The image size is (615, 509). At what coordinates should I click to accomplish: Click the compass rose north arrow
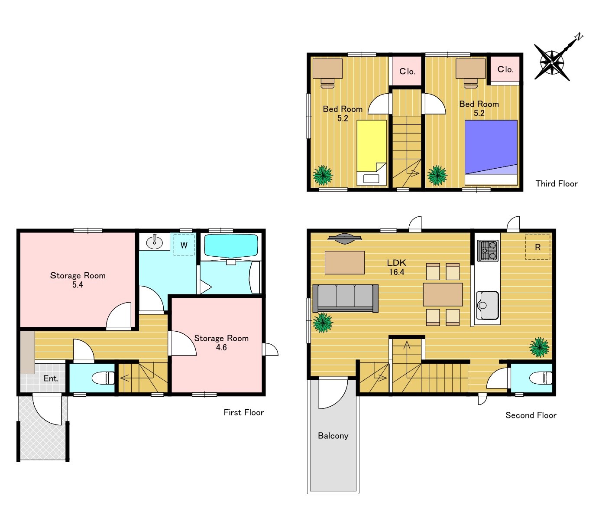[x=552, y=62]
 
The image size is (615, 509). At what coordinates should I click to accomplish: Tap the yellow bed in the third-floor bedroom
[x=372, y=153]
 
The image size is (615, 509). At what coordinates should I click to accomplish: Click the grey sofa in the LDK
[x=346, y=298]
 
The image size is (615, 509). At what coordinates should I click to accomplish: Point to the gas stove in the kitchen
[x=488, y=251]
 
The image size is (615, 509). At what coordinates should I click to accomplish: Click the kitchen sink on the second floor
[x=488, y=306]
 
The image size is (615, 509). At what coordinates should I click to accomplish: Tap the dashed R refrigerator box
[x=537, y=247]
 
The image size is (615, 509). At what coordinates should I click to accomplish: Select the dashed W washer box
[x=184, y=245]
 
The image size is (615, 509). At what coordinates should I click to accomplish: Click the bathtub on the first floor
[x=231, y=246]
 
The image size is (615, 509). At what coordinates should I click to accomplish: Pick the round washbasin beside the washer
[x=154, y=243]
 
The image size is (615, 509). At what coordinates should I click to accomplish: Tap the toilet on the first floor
[x=103, y=378]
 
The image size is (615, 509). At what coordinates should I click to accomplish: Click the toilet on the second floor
[x=541, y=378]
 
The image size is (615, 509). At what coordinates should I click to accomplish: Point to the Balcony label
[x=333, y=436]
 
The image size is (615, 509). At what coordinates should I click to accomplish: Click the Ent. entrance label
[x=51, y=378]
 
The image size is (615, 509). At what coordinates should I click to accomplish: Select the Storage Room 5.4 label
[x=78, y=280]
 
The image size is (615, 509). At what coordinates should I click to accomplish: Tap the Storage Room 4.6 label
[x=221, y=343]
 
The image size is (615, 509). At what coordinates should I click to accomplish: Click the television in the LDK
[x=345, y=238]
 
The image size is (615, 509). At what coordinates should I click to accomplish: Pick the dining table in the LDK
[x=443, y=294]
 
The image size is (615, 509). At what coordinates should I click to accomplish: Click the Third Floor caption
[x=557, y=184]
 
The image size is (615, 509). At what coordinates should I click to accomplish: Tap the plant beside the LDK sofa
[x=323, y=323]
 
